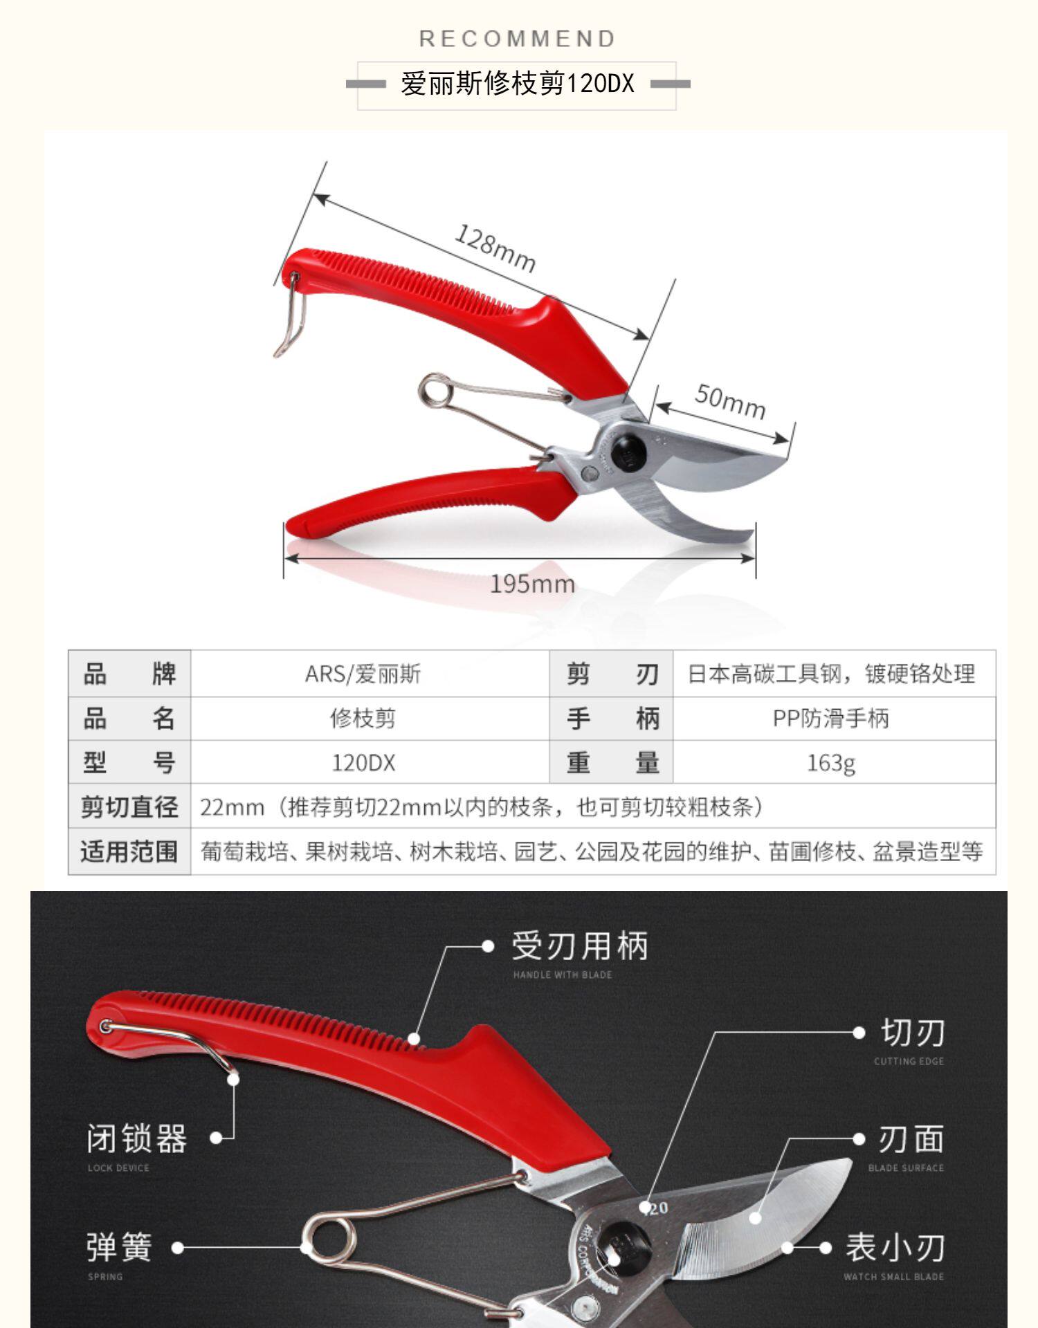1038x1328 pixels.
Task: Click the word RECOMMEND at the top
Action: pos(518,39)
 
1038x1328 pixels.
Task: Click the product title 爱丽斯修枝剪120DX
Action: pos(518,84)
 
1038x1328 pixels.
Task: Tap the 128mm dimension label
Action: pos(495,248)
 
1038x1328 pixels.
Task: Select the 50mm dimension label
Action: pos(730,401)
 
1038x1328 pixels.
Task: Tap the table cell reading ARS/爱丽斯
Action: pos(363,674)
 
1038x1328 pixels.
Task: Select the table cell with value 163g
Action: pos(830,763)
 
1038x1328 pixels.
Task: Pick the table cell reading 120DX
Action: pos(363,763)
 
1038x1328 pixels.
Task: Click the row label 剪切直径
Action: pos(129,807)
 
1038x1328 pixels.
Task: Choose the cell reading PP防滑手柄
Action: pos(830,719)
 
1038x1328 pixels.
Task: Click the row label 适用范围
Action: pos(129,851)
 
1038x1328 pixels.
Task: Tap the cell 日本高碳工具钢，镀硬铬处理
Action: pos(830,674)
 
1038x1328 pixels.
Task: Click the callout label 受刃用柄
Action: pos(579,946)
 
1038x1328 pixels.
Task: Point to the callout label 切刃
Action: pos(912,1033)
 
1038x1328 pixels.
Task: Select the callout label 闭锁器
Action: pos(136,1138)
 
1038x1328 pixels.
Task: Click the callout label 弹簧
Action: pos(119,1248)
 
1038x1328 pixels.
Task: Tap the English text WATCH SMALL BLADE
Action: pos(893,1277)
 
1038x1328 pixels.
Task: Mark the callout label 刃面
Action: pos(911,1140)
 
